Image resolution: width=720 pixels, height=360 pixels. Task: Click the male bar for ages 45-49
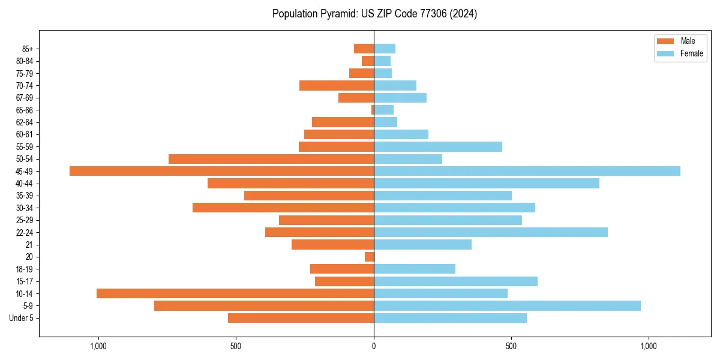(x=221, y=171)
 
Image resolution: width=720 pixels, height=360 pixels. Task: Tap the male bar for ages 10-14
(x=235, y=293)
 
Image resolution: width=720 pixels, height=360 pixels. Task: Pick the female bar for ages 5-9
(x=507, y=305)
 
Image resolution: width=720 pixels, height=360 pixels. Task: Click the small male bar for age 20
(x=369, y=257)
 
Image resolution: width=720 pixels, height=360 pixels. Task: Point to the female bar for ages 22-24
(x=490, y=232)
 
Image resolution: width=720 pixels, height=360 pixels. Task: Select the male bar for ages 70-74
(x=337, y=85)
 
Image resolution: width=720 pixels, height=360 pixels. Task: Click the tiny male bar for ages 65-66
(x=373, y=110)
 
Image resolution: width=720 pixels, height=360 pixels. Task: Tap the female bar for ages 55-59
(x=438, y=146)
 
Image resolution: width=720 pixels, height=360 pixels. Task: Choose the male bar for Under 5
(x=301, y=318)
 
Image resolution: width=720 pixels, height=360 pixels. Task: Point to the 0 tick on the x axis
(x=374, y=346)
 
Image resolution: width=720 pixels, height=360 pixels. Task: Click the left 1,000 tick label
(x=98, y=346)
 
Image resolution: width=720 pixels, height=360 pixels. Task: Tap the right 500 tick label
(x=511, y=346)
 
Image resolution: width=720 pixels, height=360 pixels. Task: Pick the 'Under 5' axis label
(x=21, y=318)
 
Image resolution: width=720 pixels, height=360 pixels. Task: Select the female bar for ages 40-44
(x=486, y=183)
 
